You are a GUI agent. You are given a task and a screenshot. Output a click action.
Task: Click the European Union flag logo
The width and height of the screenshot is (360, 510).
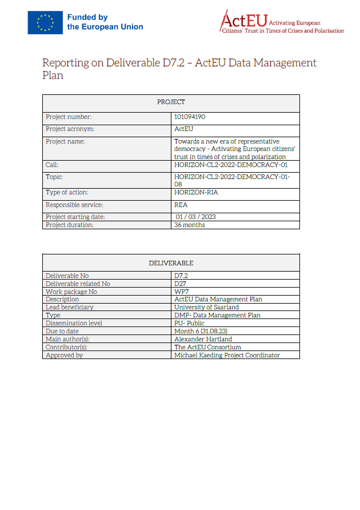(45, 22)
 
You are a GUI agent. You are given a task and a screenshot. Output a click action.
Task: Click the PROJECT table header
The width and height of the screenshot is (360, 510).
(171, 102)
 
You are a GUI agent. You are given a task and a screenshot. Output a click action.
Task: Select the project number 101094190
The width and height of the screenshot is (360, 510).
(190, 117)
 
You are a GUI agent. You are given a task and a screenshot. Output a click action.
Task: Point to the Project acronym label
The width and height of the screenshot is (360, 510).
(70, 129)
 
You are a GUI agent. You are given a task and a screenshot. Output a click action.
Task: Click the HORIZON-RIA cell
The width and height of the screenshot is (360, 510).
(196, 193)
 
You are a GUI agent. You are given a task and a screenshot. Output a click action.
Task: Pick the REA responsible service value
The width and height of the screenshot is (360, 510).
(181, 205)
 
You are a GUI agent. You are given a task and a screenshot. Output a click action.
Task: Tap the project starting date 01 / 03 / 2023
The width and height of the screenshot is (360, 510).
(196, 217)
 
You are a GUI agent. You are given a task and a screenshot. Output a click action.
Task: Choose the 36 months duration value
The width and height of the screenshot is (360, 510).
(190, 225)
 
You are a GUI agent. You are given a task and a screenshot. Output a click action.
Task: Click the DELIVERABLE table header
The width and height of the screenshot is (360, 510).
(171, 263)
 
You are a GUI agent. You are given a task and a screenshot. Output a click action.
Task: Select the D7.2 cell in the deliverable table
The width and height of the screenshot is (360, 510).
(181, 276)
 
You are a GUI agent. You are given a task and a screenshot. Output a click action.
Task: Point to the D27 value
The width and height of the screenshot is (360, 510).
(180, 284)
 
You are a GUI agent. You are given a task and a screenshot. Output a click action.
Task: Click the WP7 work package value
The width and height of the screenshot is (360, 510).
(181, 292)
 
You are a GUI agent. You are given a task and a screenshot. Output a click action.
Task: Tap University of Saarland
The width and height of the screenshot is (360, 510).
(206, 307)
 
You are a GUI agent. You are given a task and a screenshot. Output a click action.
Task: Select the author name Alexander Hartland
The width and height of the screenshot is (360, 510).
(203, 339)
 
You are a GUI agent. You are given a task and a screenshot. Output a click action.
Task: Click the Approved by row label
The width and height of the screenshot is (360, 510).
(64, 355)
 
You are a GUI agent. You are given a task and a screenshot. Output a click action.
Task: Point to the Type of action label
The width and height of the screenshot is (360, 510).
(67, 193)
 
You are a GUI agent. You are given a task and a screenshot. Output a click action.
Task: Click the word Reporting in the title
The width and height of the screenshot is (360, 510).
(63, 63)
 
